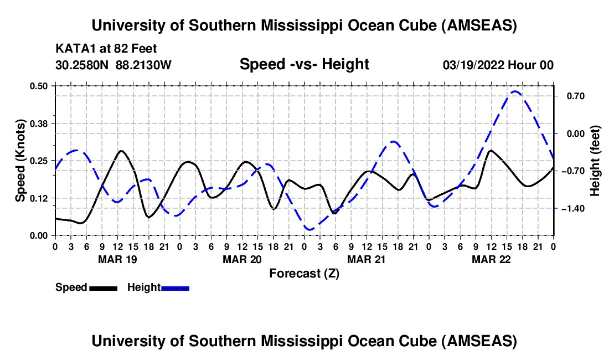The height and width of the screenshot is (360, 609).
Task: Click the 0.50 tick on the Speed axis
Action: (42, 86)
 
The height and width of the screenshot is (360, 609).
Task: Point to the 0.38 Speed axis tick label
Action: (42, 123)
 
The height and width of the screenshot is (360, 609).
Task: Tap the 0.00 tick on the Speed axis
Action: (42, 235)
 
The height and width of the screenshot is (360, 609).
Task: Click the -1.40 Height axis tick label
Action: (573, 208)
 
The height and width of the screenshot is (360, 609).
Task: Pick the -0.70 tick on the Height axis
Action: (573, 171)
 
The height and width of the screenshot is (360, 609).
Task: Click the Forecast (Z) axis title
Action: (304, 273)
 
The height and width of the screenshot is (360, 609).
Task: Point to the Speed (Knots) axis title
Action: (20, 161)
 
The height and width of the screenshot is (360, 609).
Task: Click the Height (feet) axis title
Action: (595, 161)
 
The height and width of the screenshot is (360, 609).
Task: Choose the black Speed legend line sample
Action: (103, 287)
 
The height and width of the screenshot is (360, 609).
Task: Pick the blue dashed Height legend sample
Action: (175, 287)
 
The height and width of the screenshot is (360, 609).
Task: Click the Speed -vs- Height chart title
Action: (304, 64)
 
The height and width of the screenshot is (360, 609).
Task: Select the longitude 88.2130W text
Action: (144, 65)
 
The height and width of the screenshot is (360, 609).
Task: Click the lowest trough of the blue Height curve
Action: (309, 229)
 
